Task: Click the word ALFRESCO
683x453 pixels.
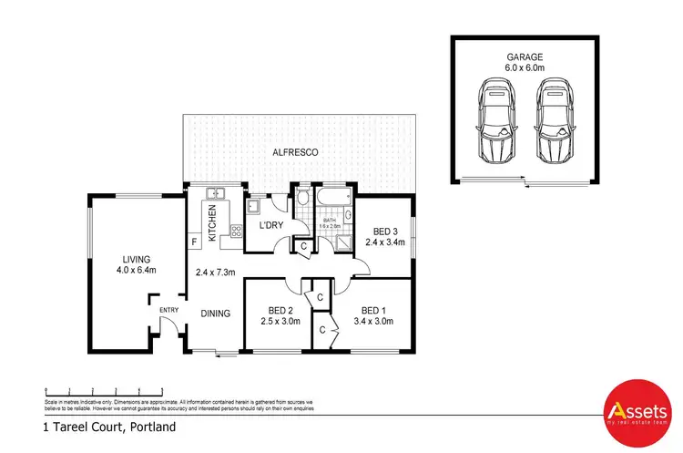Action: pyautogui.click(x=294, y=153)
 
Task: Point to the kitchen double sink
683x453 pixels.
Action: pyautogui.click(x=216, y=193)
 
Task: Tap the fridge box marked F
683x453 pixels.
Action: pyautogui.click(x=194, y=242)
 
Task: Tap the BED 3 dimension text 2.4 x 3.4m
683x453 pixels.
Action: pyautogui.click(x=383, y=242)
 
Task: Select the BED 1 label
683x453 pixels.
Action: pyautogui.click(x=375, y=310)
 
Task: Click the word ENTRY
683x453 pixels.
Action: pyautogui.click(x=169, y=310)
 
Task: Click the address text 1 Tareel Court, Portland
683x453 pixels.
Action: pyautogui.click(x=109, y=427)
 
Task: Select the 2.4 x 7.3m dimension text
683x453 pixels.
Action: pyautogui.click(x=217, y=272)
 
